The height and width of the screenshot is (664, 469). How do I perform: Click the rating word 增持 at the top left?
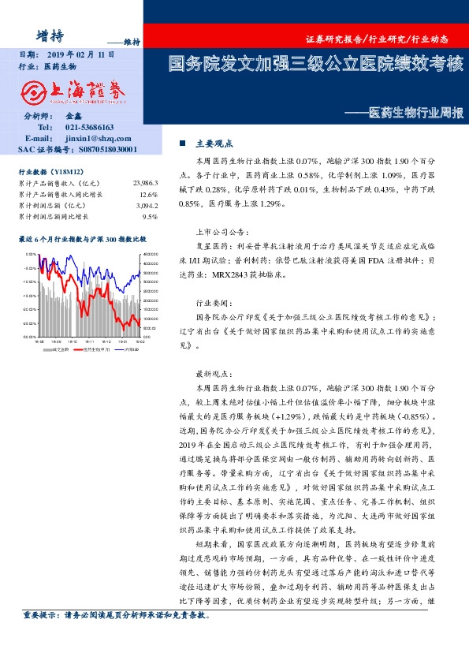coord(50,34)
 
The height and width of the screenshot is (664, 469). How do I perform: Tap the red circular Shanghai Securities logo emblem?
coord(35,92)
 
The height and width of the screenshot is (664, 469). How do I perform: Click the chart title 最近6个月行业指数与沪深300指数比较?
coord(82,237)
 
